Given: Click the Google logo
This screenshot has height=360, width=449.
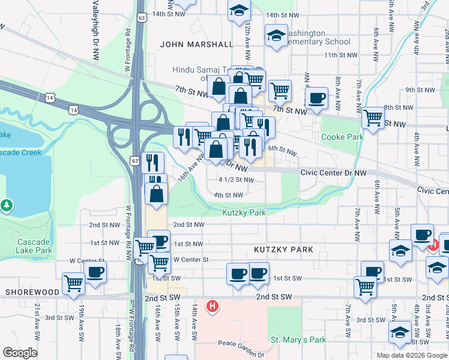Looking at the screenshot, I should (x=20, y=353).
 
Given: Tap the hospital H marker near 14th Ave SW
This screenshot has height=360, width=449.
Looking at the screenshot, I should (x=212, y=307).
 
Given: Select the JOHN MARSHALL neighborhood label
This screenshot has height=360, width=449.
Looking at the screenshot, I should (x=196, y=44).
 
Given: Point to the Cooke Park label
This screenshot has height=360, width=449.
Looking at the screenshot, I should (x=342, y=137).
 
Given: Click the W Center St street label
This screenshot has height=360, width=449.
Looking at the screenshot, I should (x=190, y=260).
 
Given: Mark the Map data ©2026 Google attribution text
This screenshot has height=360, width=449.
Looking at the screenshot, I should (x=411, y=355).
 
